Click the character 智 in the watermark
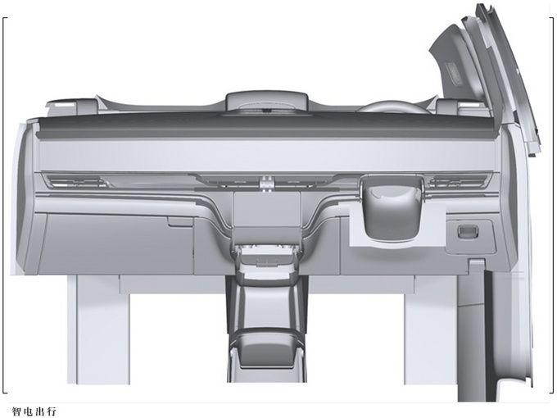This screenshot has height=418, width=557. coord(16,411)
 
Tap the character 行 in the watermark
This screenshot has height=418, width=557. coord(52,411)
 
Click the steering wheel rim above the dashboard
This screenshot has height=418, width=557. coord(394,107)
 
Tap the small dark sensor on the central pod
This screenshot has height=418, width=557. coord(267,111)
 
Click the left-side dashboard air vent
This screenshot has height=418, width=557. coord(76,182)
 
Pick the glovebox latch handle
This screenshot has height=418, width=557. coord(180,222)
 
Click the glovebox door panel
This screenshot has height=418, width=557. coord(118,243)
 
